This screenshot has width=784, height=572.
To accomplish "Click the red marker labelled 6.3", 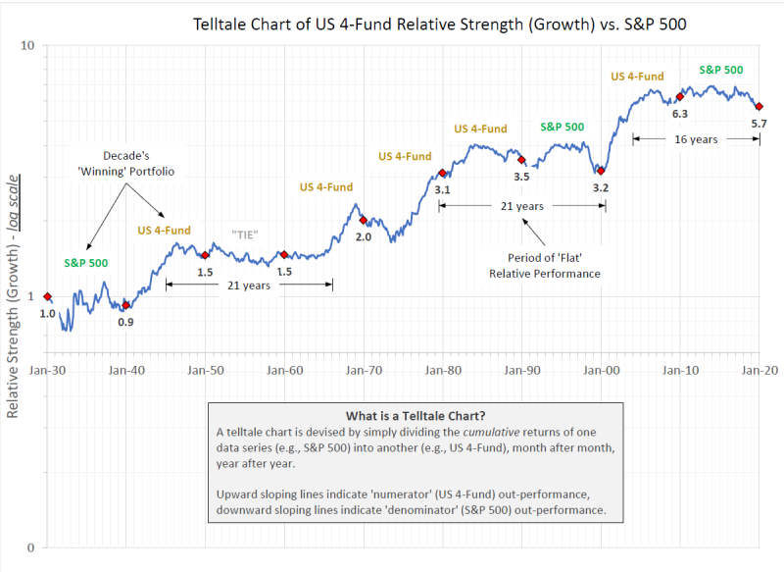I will point(679,96).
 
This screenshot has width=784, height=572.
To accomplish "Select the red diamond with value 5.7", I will point(759,106).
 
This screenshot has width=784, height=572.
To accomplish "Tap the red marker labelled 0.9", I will point(125,305).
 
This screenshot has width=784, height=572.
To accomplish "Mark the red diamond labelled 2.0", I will point(363,220).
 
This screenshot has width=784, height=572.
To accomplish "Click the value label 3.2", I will point(601,187).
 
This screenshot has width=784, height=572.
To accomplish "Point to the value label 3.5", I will point(521,177).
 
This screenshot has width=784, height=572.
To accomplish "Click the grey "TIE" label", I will point(247,234).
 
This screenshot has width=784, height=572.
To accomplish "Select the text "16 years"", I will point(696,139).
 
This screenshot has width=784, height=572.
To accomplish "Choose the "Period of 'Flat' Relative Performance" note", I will point(544,266).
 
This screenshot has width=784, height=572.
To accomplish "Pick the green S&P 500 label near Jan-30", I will point(86,263).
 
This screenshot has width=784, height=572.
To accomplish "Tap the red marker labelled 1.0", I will point(47,296).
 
